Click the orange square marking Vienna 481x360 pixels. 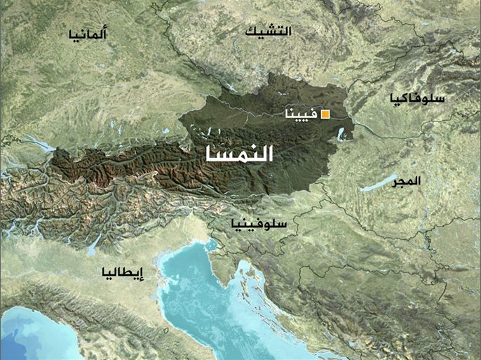(x=325, y=114)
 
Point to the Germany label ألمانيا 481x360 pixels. (x=88, y=34)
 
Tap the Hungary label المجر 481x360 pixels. (x=407, y=180)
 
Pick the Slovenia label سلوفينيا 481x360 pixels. (x=258, y=224)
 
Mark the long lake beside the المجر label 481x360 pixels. (x=379, y=184)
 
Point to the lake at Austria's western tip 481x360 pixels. (x=42, y=146)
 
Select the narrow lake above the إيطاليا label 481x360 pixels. (x=94, y=244)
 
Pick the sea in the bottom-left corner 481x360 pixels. (x=35, y=337)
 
